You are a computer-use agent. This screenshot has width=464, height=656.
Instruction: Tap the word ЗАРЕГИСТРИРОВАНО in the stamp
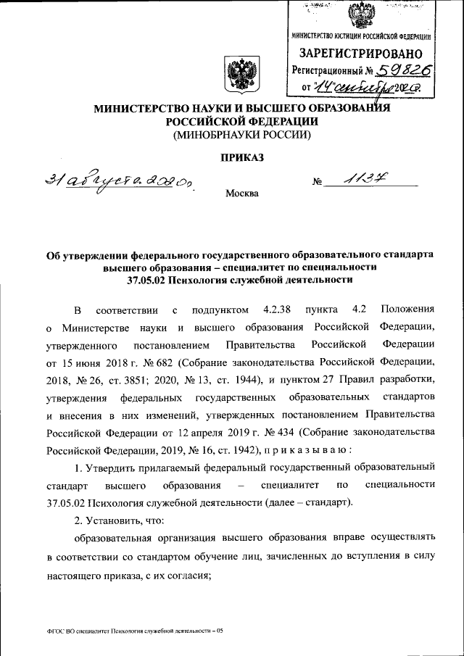coord(360,54)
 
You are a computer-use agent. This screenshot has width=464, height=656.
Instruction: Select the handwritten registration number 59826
coord(401,70)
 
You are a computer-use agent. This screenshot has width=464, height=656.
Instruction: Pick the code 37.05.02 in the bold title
coord(146,279)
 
